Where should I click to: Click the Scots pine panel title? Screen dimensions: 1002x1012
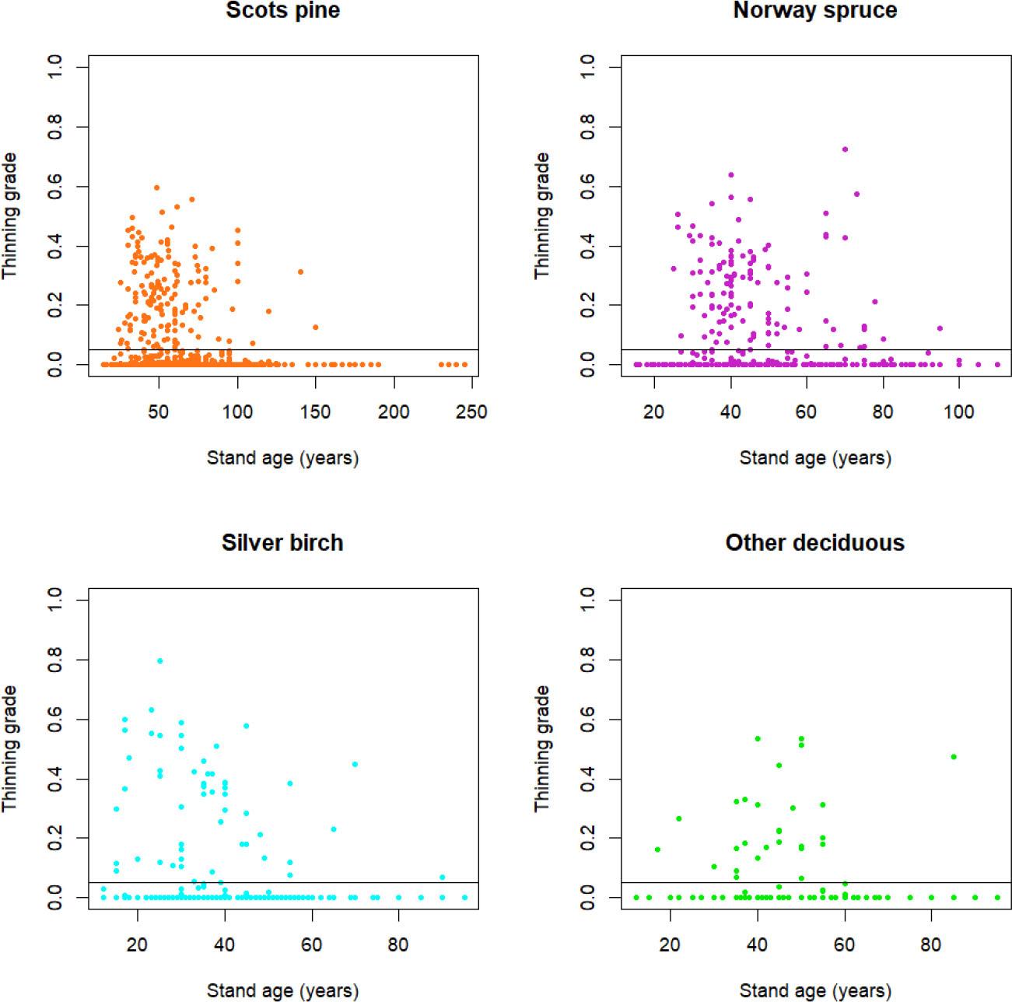tap(282, 10)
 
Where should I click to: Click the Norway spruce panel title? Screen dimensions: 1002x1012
tap(814, 10)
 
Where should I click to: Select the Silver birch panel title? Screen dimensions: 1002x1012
tap(282, 542)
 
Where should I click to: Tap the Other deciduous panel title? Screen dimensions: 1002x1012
tap(814, 542)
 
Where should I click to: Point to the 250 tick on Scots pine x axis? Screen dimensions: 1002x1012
tap(472, 412)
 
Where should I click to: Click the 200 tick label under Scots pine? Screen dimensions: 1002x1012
tap(394, 412)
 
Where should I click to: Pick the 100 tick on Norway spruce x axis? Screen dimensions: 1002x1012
tap(958, 412)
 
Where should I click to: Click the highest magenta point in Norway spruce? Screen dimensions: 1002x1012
tap(845, 149)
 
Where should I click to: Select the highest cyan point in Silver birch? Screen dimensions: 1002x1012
tap(159, 660)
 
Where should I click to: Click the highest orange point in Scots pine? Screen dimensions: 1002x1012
tap(156, 187)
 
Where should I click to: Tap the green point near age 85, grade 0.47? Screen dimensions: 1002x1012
tap(954, 756)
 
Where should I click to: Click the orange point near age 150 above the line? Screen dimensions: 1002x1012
tap(315, 327)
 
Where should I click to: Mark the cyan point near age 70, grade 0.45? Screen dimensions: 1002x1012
tap(355, 764)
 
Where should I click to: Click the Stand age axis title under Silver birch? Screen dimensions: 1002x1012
tap(282, 990)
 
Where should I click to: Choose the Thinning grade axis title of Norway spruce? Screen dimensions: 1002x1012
tap(542, 215)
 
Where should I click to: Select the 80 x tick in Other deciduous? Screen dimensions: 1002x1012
tap(931, 944)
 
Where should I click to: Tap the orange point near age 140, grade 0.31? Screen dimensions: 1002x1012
tap(300, 272)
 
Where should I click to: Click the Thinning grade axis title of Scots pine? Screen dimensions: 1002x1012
tap(10, 215)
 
